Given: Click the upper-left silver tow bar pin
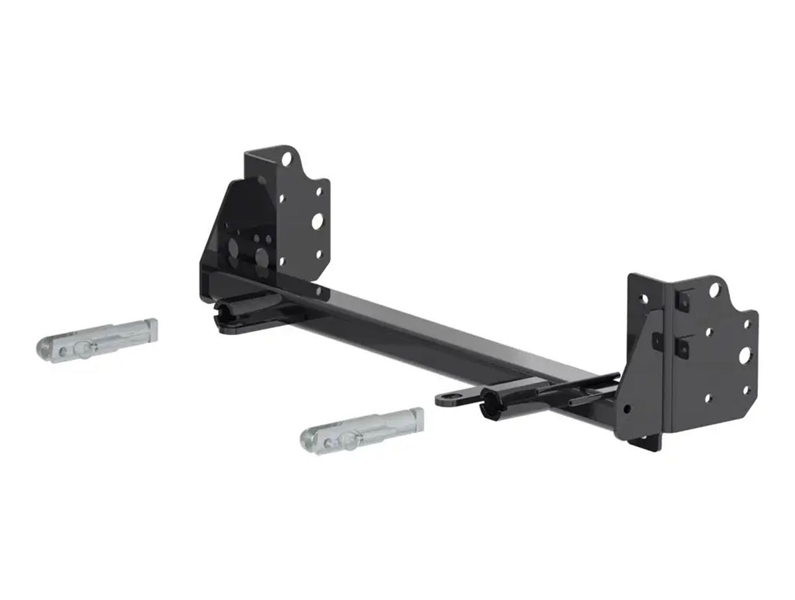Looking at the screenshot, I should click(x=96, y=340).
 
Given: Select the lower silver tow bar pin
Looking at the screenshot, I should click(x=362, y=429).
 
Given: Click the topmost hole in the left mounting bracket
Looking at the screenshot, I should click(x=286, y=160).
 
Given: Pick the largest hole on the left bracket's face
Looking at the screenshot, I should click(x=317, y=221).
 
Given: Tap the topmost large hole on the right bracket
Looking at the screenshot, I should click(x=716, y=291).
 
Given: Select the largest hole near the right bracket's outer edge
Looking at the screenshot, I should click(x=744, y=355).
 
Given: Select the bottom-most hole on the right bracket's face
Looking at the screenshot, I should click(x=708, y=399).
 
